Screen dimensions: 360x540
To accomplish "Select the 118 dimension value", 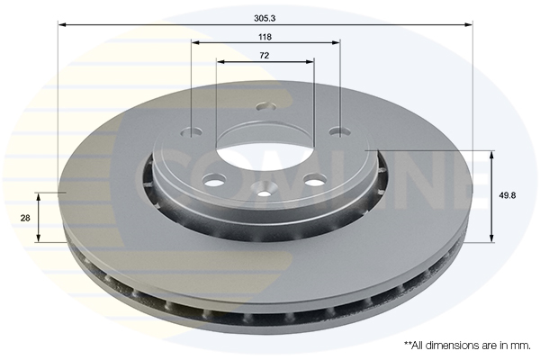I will (x=265, y=37).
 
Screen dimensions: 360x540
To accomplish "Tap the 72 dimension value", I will (x=265, y=56).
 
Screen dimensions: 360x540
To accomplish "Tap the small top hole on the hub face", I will (x=262, y=106).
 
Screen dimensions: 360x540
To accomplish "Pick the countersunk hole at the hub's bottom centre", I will (x=265, y=190).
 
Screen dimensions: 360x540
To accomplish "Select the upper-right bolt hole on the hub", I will (x=338, y=132).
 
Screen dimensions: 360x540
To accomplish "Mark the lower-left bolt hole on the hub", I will (x=212, y=183).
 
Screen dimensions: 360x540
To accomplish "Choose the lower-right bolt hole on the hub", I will (x=315, y=180).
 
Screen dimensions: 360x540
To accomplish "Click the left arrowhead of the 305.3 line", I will (x=62, y=25).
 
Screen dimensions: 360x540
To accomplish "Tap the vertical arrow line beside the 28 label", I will (x=39, y=217).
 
